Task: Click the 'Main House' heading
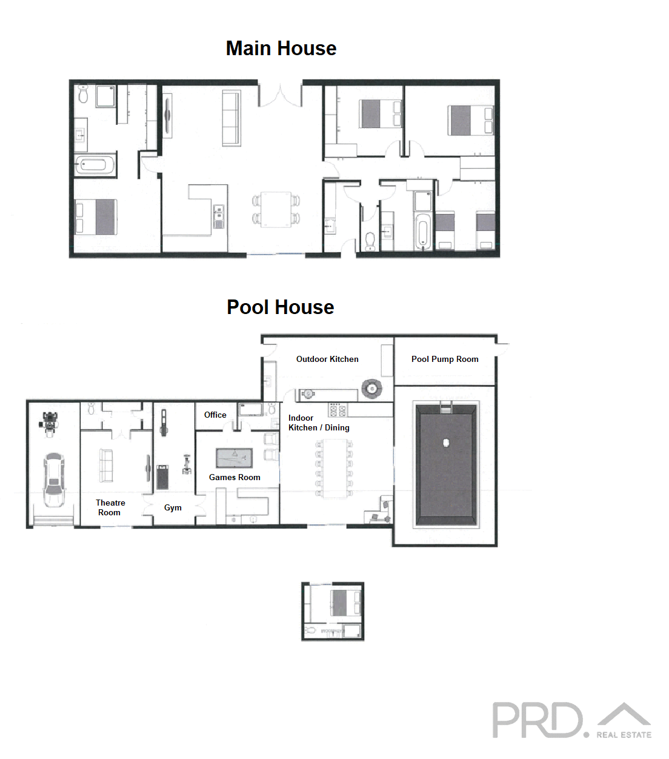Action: point(281,48)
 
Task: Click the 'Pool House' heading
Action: point(280,307)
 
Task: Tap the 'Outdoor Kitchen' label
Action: point(327,359)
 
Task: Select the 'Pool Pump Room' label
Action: point(445,359)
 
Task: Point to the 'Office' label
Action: point(215,415)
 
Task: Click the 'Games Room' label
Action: point(235,477)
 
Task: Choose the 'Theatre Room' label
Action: point(110,507)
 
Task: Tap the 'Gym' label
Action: point(173,507)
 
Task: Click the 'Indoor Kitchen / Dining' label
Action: point(319,423)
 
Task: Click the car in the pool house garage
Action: point(53,480)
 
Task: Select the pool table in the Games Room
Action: point(234,458)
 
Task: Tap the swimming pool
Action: point(446,464)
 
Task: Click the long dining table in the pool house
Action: point(334,467)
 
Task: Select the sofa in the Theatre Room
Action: point(107,465)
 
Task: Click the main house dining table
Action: point(276,209)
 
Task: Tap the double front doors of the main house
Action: point(280,95)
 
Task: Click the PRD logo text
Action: point(537,720)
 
